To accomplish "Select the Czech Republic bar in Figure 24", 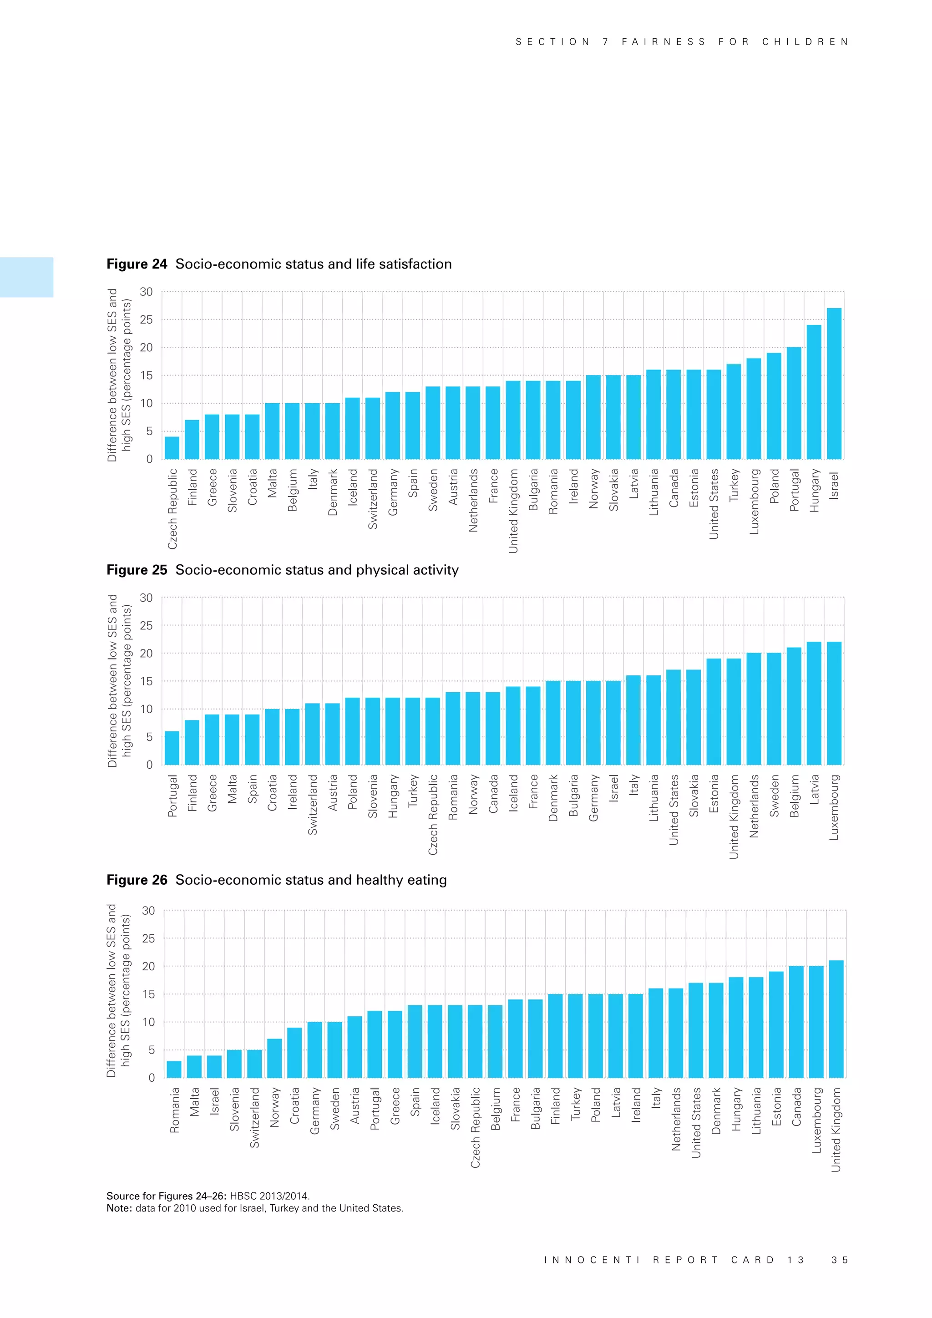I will click(x=172, y=448).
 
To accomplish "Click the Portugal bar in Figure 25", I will click(x=172, y=748).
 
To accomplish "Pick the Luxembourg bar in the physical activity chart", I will click(x=834, y=703).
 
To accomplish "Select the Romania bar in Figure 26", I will click(x=174, y=1069).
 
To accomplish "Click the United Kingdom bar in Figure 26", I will click(x=836, y=1019).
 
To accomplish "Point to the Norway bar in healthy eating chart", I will click(x=274, y=1058).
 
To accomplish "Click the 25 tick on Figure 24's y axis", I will click(x=147, y=320).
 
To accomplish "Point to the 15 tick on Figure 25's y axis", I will click(x=147, y=681).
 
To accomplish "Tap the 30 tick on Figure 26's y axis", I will click(x=148, y=911).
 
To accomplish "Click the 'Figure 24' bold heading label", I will click(x=137, y=264).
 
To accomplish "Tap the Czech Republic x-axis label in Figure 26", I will click(x=475, y=1127).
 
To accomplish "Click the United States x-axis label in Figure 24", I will click(x=714, y=504).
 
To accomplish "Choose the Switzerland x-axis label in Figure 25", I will click(x=312, y=804).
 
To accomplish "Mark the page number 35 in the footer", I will click(x=840, y=1259).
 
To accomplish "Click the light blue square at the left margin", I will click(x=26, y=277).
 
